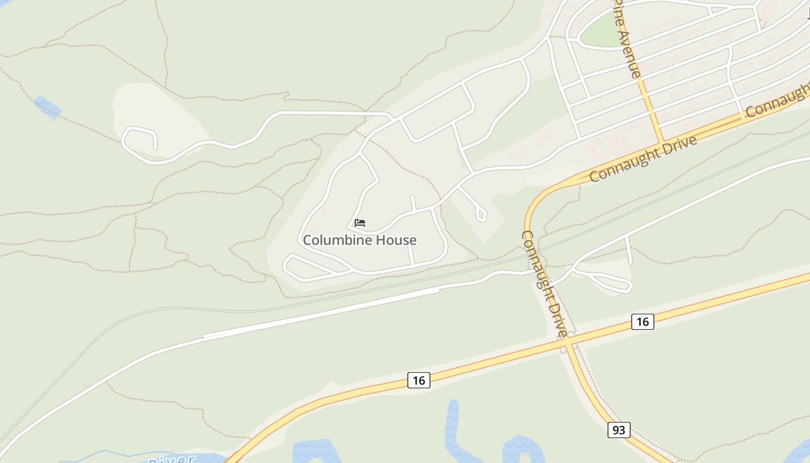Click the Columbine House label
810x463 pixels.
(359, 240)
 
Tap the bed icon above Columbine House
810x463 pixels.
(360, 222)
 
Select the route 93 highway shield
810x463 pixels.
(618, 430)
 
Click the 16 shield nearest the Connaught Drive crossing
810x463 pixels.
(642, 322)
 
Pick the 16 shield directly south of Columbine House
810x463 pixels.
(419, 380)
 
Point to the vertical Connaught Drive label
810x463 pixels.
(544, 284)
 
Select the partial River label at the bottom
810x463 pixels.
(171, 459)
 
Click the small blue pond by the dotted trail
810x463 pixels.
(47, 107)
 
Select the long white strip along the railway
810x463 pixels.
(321, 313)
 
